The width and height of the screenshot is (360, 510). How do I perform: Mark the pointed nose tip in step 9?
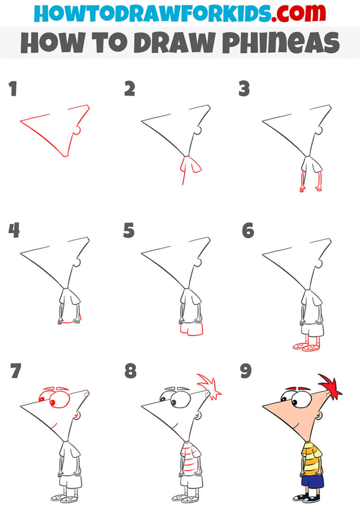263,405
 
